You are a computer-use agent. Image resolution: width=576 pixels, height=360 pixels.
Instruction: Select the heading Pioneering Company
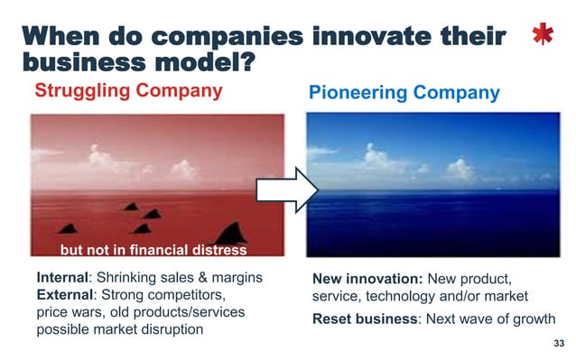[404, 93]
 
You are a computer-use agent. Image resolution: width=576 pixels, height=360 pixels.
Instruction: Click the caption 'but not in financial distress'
[153, 250]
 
